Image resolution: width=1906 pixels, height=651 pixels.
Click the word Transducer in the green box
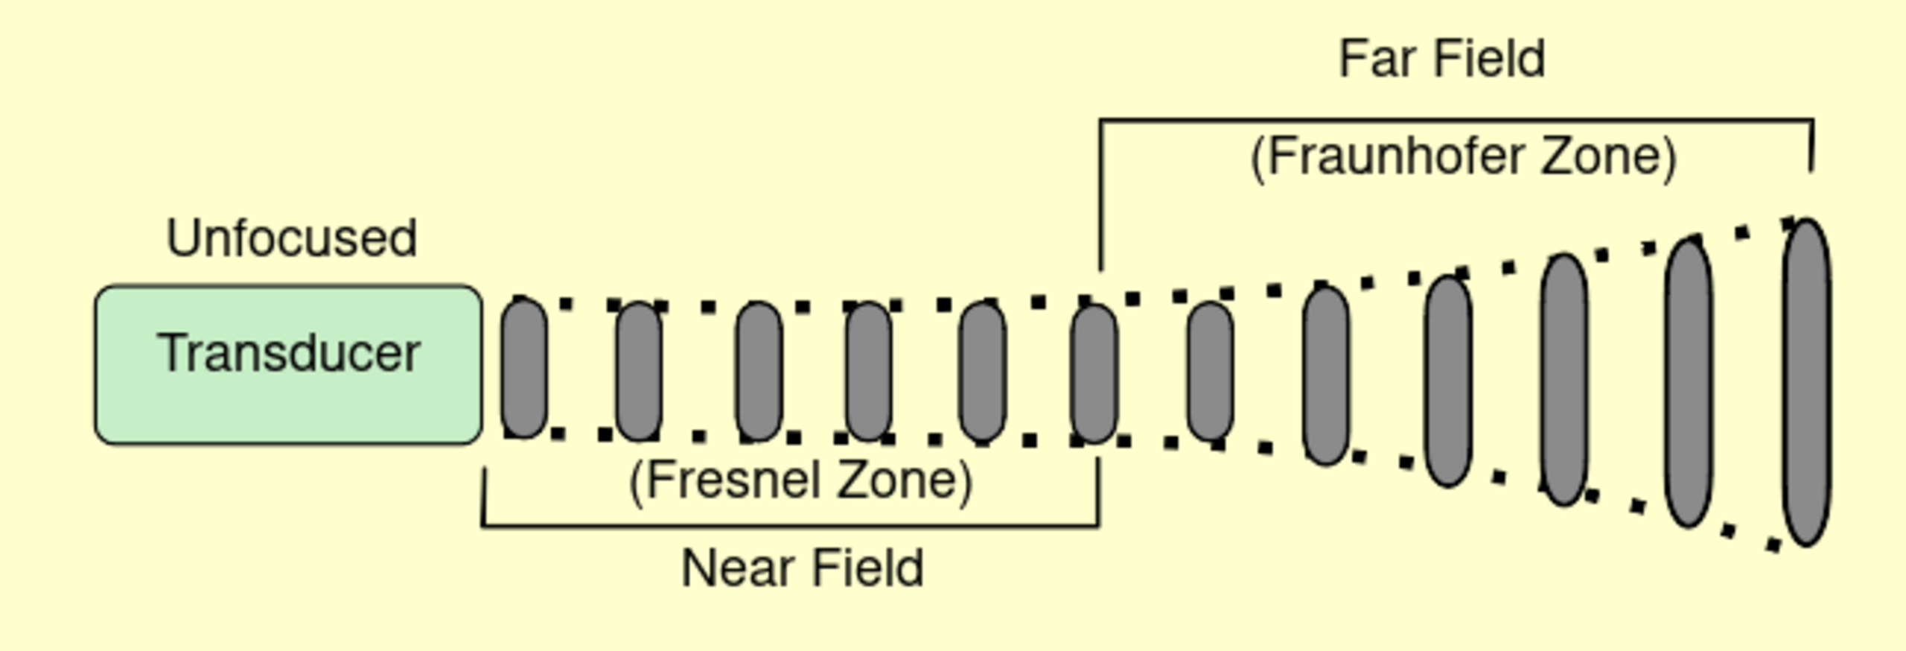[x=289, y=353]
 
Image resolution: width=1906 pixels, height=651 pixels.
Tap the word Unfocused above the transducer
[x=291, y=238]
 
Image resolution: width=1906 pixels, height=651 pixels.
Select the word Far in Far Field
[x=1374, y=59]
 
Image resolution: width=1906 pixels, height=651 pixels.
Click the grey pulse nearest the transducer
[x=524, y=367]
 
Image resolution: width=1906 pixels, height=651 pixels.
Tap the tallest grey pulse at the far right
[x=1806, y=382]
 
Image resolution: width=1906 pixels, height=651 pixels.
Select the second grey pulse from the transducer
[x=640, y=372]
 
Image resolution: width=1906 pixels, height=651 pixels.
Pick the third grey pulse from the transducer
[x=759, y=371]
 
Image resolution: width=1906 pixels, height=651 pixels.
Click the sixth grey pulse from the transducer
[x=1094, y=373]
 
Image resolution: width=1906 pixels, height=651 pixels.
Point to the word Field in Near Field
[x=867, y=569]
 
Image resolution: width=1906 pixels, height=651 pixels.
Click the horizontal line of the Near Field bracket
[x=789, y=526]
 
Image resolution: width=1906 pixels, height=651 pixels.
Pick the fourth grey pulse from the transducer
[x=869, y=372]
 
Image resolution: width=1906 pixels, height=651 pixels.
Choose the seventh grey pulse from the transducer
[x=1210, y=372]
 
